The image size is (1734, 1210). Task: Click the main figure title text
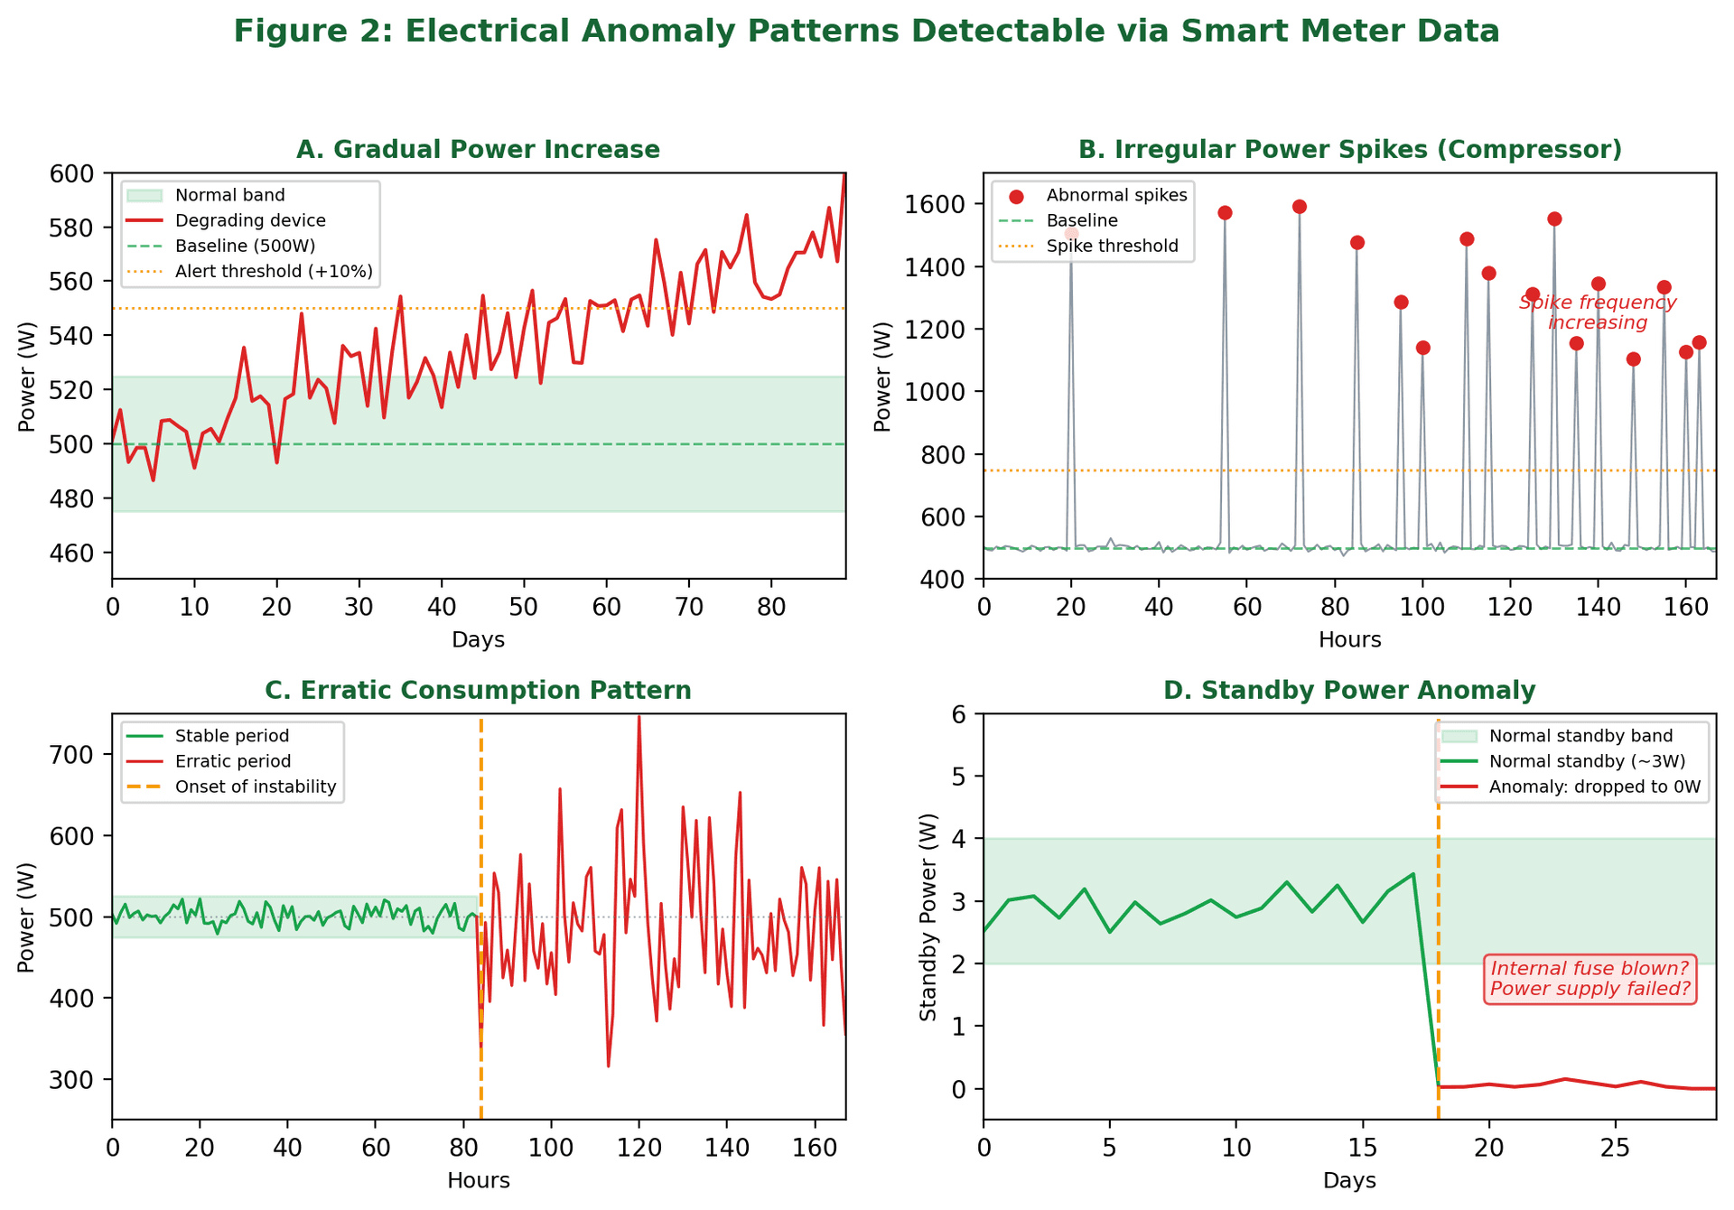click(866, 33)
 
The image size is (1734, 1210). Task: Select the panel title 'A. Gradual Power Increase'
click(478, 150)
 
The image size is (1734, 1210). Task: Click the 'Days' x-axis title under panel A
click(478, 640)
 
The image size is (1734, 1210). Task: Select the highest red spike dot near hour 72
click(1300, 207)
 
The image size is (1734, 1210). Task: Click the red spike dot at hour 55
click(1225, 213)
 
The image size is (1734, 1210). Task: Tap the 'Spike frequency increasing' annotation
click(1597, 312)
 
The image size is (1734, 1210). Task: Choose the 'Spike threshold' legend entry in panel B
click(1112, 246)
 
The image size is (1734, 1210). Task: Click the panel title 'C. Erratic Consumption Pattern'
click(478, 691)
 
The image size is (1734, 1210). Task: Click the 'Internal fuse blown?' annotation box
click(1589, 979)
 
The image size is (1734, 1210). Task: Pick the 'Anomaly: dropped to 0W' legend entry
click(1594, 786)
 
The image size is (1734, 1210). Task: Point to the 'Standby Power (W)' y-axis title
click(928, 917)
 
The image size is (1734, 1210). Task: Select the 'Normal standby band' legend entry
click(1580, 736)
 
